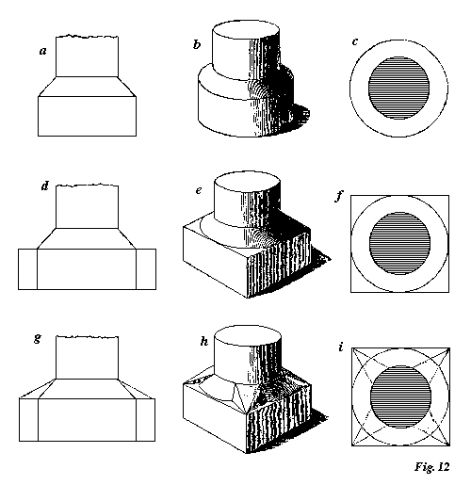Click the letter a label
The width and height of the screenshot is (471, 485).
43,51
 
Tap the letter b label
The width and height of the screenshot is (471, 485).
197,44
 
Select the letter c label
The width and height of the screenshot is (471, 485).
355,42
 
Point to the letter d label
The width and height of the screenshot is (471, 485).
45,186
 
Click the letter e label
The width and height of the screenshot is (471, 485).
199,190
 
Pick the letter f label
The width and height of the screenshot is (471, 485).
338,196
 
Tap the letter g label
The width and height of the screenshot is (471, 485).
38,338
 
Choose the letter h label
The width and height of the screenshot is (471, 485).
204,341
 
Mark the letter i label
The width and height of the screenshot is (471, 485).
341,347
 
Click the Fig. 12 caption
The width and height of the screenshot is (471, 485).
432,467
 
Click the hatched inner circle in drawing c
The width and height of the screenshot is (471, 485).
398,89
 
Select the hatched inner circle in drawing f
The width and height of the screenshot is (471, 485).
399,243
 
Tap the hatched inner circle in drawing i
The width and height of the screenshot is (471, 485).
400,396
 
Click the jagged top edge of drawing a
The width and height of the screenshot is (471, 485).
87,37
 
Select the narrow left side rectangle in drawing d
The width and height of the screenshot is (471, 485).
27,269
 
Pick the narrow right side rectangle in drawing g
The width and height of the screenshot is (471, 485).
146,420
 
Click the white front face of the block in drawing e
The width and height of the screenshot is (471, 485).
215,263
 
